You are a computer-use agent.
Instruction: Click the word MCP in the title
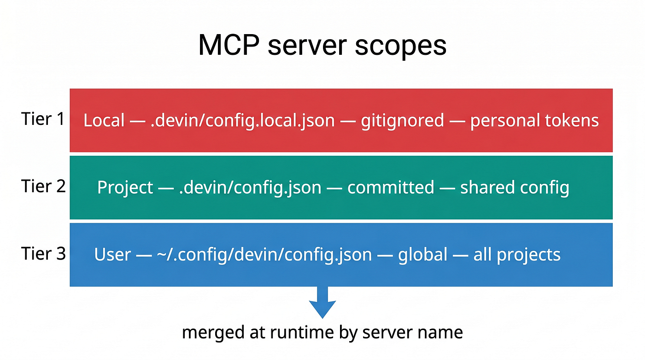pyautogui.click(x=229, y=45)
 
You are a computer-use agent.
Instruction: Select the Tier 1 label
pyautogui.click(x=43, y=118)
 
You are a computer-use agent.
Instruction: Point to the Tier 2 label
pyautogui.click(x=43, y=186)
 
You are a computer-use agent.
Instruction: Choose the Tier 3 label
pyautogui.click(x=43, y=254)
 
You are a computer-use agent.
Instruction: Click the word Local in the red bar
pyautogui.click(x=104, y=120)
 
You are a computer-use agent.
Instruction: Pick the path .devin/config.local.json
pyautogui.click(x=243, y=121)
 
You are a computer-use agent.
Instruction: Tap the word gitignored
pyautogui.click(x=403, y=121)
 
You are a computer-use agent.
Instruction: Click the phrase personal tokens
pyautogui.click(x=534, y=121)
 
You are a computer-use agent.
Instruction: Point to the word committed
pyautogui.click(x=391, y=187)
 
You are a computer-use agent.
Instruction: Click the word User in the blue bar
pyautogui.click(x=112, y=254)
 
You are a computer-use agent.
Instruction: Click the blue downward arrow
pyautogui.click(x=322, y=302)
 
